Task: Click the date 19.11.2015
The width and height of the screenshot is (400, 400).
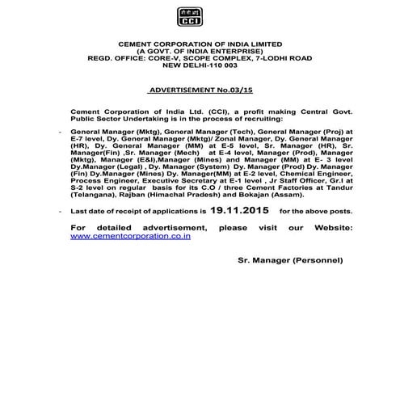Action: pos(238,208)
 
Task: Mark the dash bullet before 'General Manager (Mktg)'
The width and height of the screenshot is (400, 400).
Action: pos(61,130)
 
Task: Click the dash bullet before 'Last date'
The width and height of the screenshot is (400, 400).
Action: pos(61,210)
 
